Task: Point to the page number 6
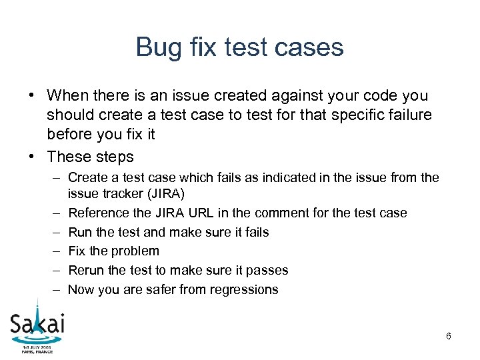449,336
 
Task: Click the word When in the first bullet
71,96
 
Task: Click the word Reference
98,213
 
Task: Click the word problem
136,251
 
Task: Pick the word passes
265,270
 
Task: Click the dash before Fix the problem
55,251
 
